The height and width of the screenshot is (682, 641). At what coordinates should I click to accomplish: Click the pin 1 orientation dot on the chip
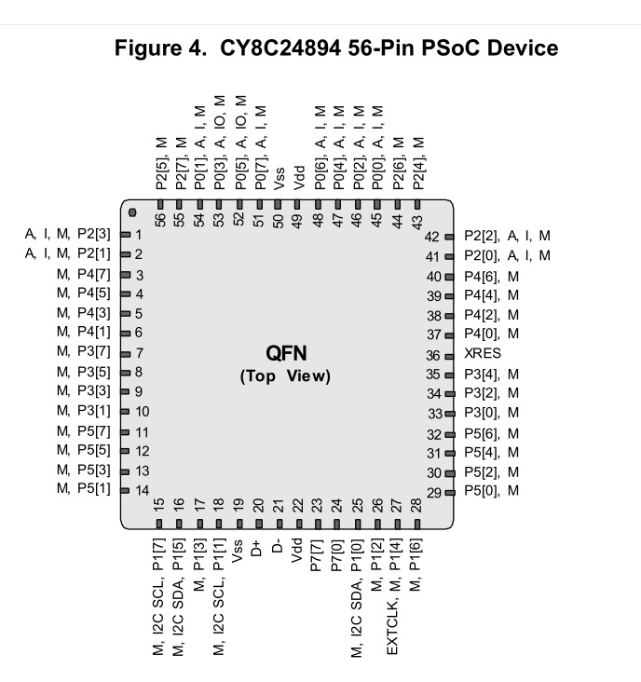point(132,212)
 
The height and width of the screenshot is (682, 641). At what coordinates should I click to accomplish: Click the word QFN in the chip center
point(286,354)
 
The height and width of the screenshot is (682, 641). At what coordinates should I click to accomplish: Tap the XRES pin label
point(483,353)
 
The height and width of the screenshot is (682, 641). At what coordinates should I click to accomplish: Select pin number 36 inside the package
point(432,356)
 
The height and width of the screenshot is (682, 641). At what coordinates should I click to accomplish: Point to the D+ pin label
point(256,548)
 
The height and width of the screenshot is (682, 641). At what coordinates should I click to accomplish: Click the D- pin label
point(277,547)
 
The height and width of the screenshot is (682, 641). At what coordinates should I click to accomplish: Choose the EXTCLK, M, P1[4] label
point(393,597)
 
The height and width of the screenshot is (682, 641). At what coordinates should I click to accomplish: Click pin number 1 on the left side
point(138,235)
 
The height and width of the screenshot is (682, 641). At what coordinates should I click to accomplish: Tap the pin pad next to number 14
point(125,491)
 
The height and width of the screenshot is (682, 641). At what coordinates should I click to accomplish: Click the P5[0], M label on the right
point(491,491)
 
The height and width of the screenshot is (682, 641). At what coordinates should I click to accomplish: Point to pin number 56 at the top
point(160,220)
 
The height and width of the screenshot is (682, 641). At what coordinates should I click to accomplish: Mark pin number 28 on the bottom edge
point(416,505)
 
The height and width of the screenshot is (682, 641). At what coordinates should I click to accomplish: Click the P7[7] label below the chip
point(316,556)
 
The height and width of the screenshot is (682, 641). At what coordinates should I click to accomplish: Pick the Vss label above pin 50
point(279,178)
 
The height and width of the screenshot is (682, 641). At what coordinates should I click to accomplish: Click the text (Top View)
point(285,375)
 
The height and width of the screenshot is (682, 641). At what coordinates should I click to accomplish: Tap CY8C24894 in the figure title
point(280,48)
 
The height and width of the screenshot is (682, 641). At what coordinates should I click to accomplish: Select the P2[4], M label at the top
point(418,164)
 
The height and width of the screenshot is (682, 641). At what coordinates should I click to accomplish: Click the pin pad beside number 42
point(449,237)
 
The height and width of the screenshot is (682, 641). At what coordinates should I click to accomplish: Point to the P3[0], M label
point(491,413)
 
